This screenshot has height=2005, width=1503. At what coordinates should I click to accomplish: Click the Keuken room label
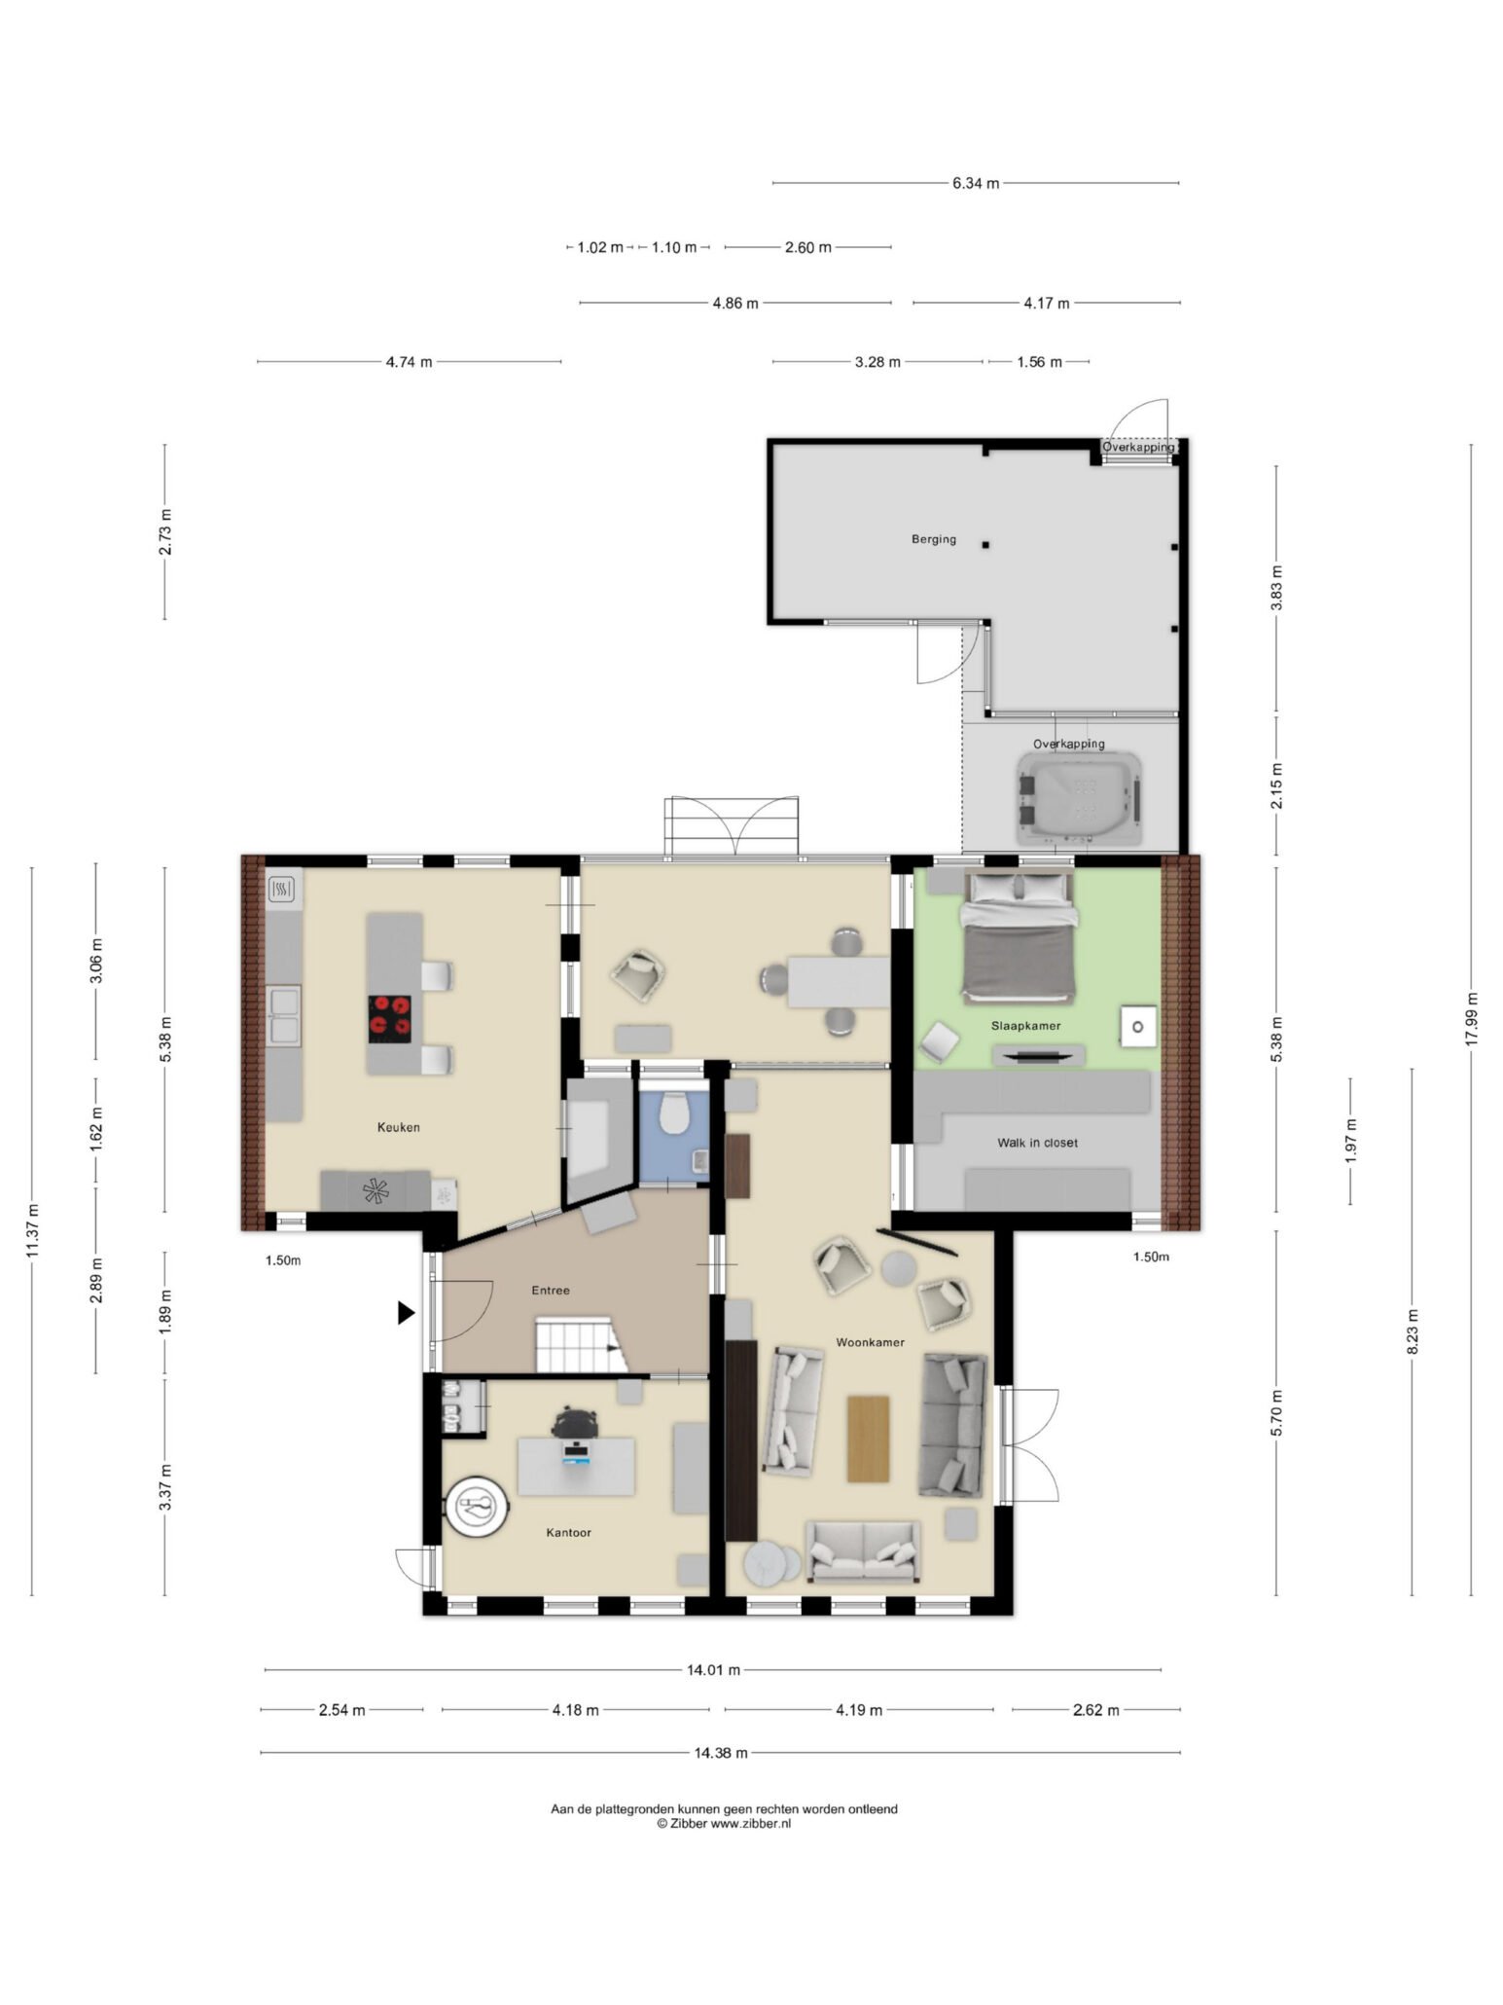coord(398,1127)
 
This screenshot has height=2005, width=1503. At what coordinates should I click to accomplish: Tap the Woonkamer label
coord(870,1342)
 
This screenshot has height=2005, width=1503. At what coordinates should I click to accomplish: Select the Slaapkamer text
coord(1025,1026)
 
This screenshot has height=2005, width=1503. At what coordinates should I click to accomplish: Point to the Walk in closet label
coord(1037,1143)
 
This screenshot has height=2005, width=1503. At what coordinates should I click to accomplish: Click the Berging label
coord(933,539)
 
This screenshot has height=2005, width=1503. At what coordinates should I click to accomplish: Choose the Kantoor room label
coord(568,1532)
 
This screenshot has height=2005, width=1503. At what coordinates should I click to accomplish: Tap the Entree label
coord(550,1291)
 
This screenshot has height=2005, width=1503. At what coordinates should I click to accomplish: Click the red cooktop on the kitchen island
coord(389,1017)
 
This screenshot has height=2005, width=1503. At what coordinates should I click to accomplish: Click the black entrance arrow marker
coord(406,1313)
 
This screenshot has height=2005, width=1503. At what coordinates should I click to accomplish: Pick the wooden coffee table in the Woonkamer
coord(868,1439)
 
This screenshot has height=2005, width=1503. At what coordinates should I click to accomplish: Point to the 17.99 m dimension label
coord(1471,1019)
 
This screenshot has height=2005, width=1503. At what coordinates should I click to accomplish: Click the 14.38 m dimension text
coord(721,1753)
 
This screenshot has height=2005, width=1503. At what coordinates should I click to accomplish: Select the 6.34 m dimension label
coord(976,183)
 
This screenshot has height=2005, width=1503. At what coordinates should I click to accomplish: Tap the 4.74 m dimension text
coord(409,362)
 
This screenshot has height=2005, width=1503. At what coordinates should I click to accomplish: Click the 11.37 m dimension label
coord(33,1231)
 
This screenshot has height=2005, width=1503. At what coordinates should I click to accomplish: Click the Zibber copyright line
coord(724,1823)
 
